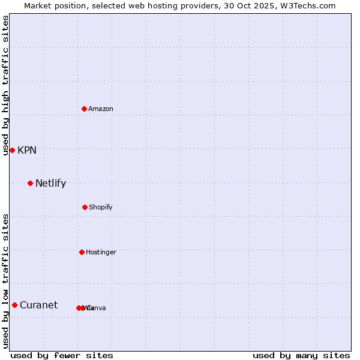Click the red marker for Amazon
pos(84,109)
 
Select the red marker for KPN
pos(12,150)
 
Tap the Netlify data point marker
pos(30,183)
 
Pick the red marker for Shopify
pos(85,207)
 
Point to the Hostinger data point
pos(82,252)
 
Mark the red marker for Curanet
pos(14,305)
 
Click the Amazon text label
pos(101,109)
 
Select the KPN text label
pos(27,151)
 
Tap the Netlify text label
pos(50,184)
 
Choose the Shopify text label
pos(101,208)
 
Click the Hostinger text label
pos(101,253)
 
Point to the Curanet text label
pos(38,305)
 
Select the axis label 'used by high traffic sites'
pos(6,85)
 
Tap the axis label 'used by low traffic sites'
pos(6,281)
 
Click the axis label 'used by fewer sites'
pos(62,356)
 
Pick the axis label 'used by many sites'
pos(301,356)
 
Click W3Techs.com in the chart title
pos(310,6)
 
